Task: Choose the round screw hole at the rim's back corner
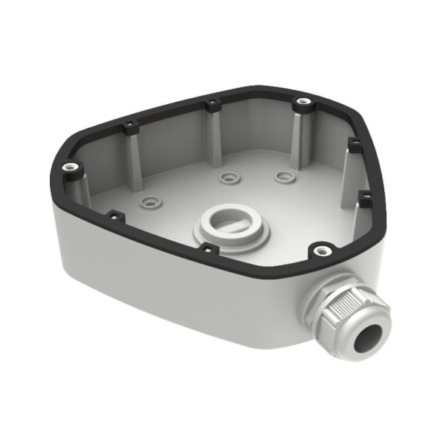click(x=301, y=101)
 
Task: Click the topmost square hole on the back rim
click(x=211, y=102)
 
